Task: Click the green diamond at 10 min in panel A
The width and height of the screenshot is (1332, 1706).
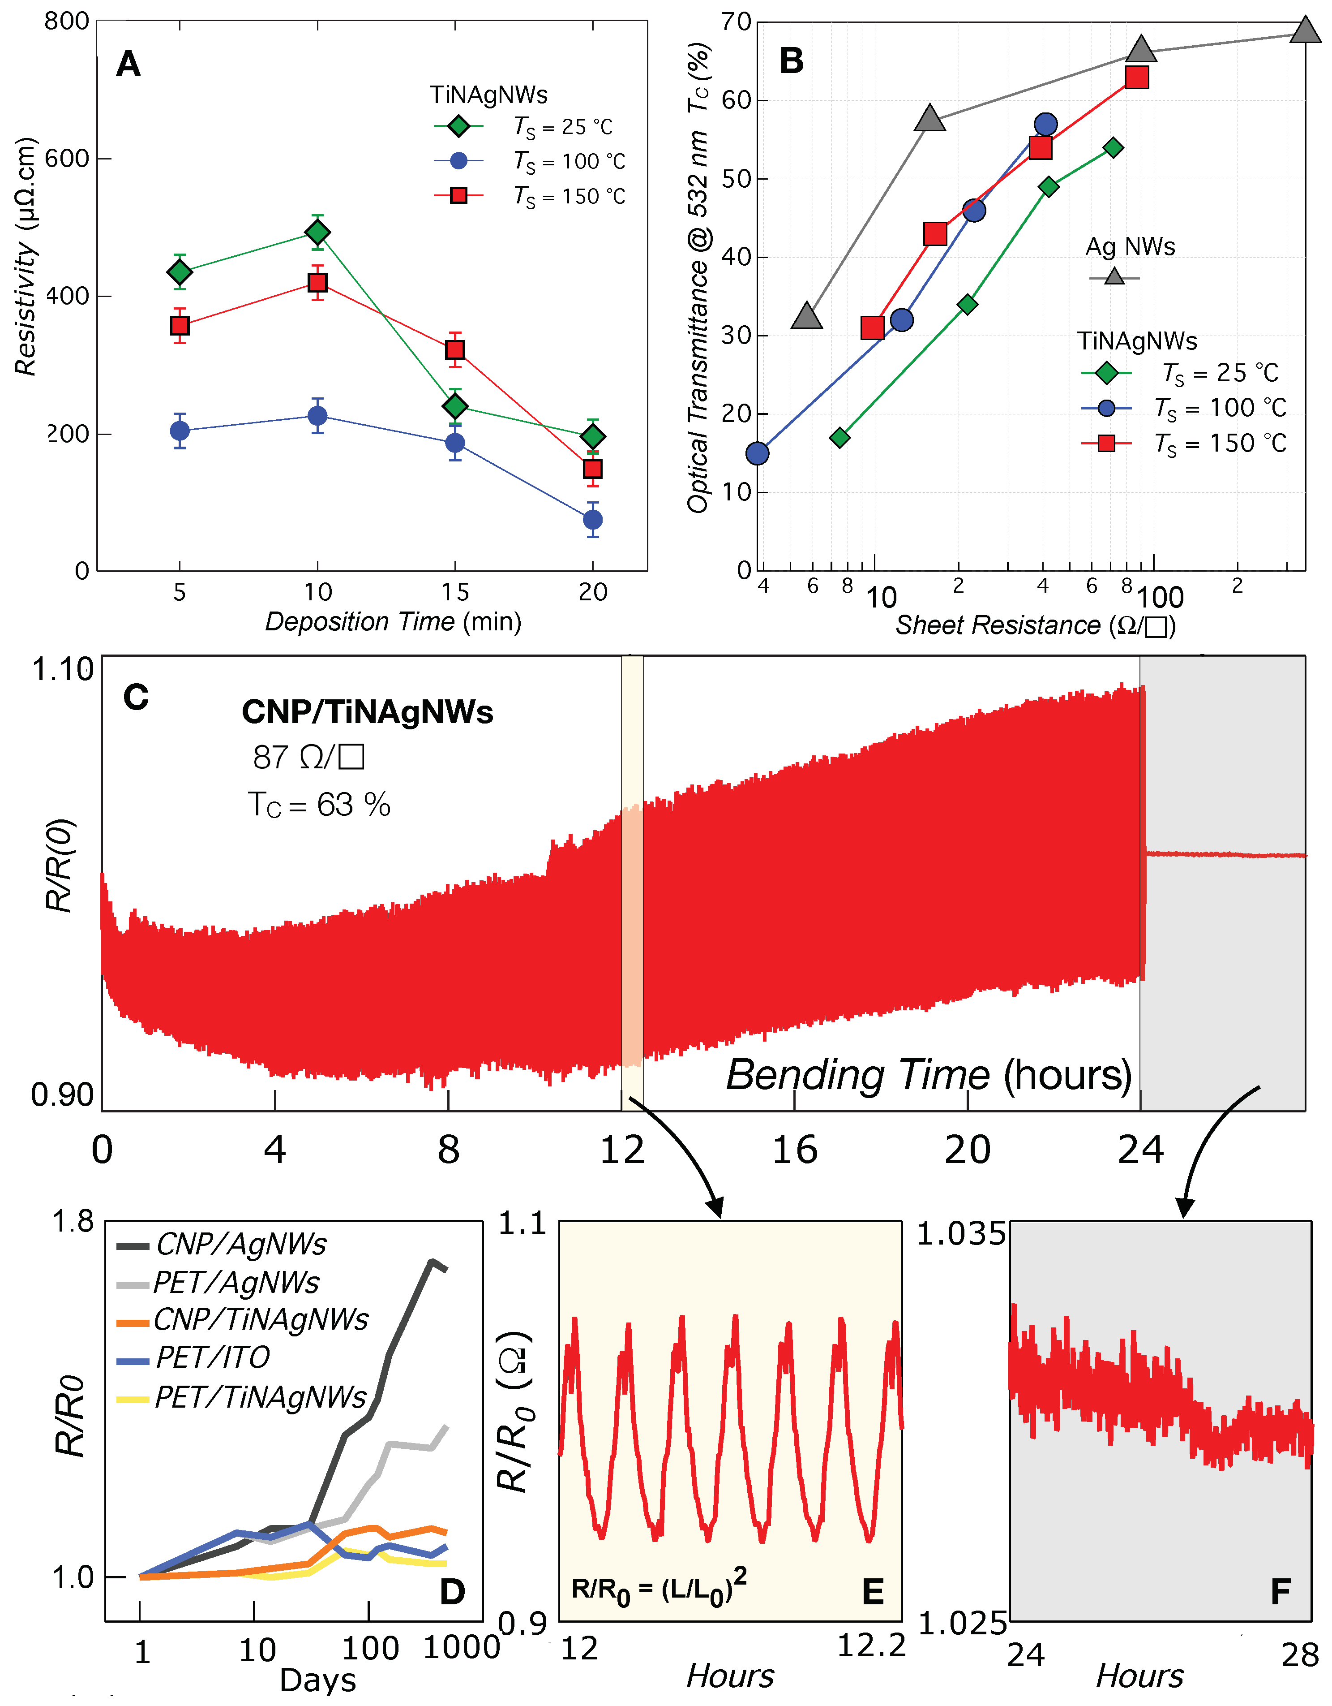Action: click(x=317, y=232)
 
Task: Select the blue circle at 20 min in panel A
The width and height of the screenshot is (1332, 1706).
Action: click(x=593, y=519)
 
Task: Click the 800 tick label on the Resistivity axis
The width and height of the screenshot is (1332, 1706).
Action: click(x=67, y=21)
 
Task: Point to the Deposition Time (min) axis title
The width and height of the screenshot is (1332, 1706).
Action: click(x=393, y=622)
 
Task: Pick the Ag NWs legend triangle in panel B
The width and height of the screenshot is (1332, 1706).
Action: click(x=1114, y=276)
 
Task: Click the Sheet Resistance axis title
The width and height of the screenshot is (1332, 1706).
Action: click(x=1035, y=625)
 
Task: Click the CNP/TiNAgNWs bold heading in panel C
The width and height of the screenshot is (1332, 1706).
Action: click(x=367, y=711)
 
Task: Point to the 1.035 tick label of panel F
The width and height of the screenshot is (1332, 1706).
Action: click(x=960, y=1234)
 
